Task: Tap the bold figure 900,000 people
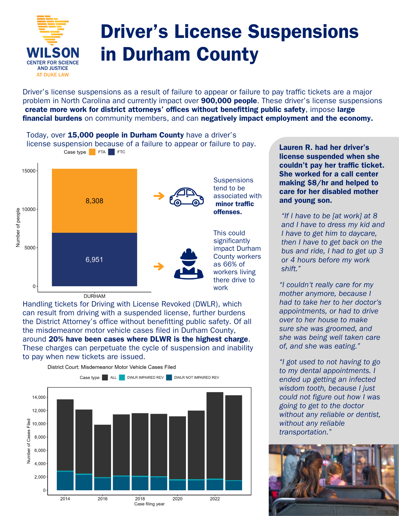tap(229, 101)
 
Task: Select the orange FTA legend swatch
tap(92, 152)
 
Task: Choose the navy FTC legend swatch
tap(111, 152)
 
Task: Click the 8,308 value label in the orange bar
tap(94, 201)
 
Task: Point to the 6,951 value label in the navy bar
tap(94, 260)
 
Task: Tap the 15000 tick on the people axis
tap(28, 171)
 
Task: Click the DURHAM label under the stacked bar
tap(94, 296)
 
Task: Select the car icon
tap(186, 197)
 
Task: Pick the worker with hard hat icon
tap(189, 264)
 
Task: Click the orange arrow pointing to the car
tap(159, 196)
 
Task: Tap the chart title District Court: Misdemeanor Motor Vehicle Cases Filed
tap(112, 367)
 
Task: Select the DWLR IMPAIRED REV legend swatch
tap(122, 377)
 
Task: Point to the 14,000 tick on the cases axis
tap(39, 397)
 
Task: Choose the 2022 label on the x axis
tap(215, 499)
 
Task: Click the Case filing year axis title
tap(149, 504)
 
